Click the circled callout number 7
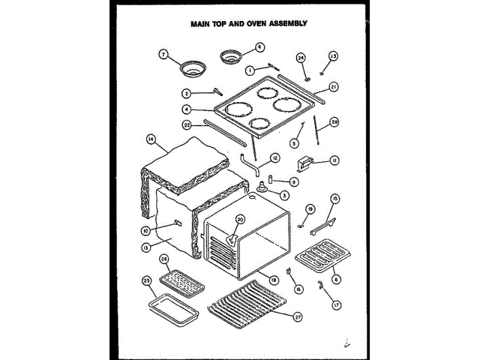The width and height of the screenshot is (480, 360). [161, 54]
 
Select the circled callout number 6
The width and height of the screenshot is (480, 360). [260, 46]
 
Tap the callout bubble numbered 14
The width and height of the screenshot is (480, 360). [151, 139]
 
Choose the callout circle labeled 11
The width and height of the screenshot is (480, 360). [335, 160]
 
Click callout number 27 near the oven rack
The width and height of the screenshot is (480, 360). [298, 316]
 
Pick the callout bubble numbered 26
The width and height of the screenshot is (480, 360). [164, 259]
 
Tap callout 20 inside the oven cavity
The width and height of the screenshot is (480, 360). [240, 220]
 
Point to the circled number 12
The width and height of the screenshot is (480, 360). [275, 157]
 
